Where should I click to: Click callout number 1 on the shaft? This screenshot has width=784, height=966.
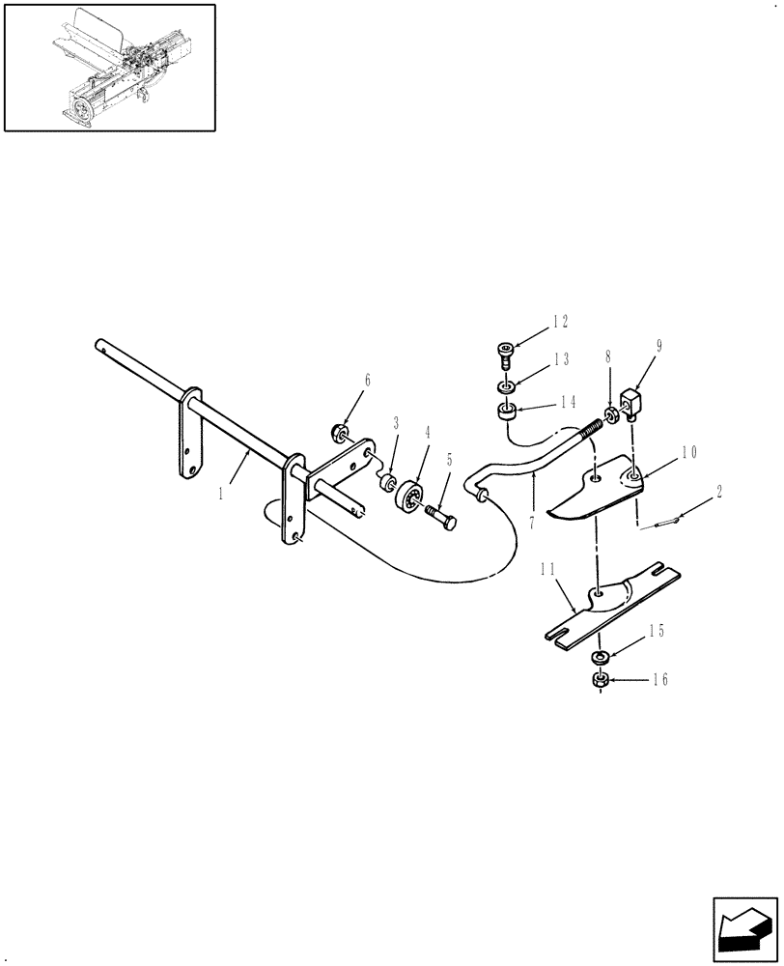[x=221, y=492]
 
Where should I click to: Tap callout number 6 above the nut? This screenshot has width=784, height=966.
[x=366, y=380]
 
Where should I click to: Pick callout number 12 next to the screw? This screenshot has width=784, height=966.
[x=561, y=323]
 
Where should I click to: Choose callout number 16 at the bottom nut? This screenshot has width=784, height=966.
[x=659, y=679]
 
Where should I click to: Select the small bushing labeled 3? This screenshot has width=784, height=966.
[x=389, y=482]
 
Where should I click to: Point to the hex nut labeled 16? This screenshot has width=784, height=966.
[x=599, y=681]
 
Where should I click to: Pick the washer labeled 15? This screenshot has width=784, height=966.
[x=600, y=657]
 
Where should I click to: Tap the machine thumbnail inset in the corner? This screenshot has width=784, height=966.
[x=109, y=67]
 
